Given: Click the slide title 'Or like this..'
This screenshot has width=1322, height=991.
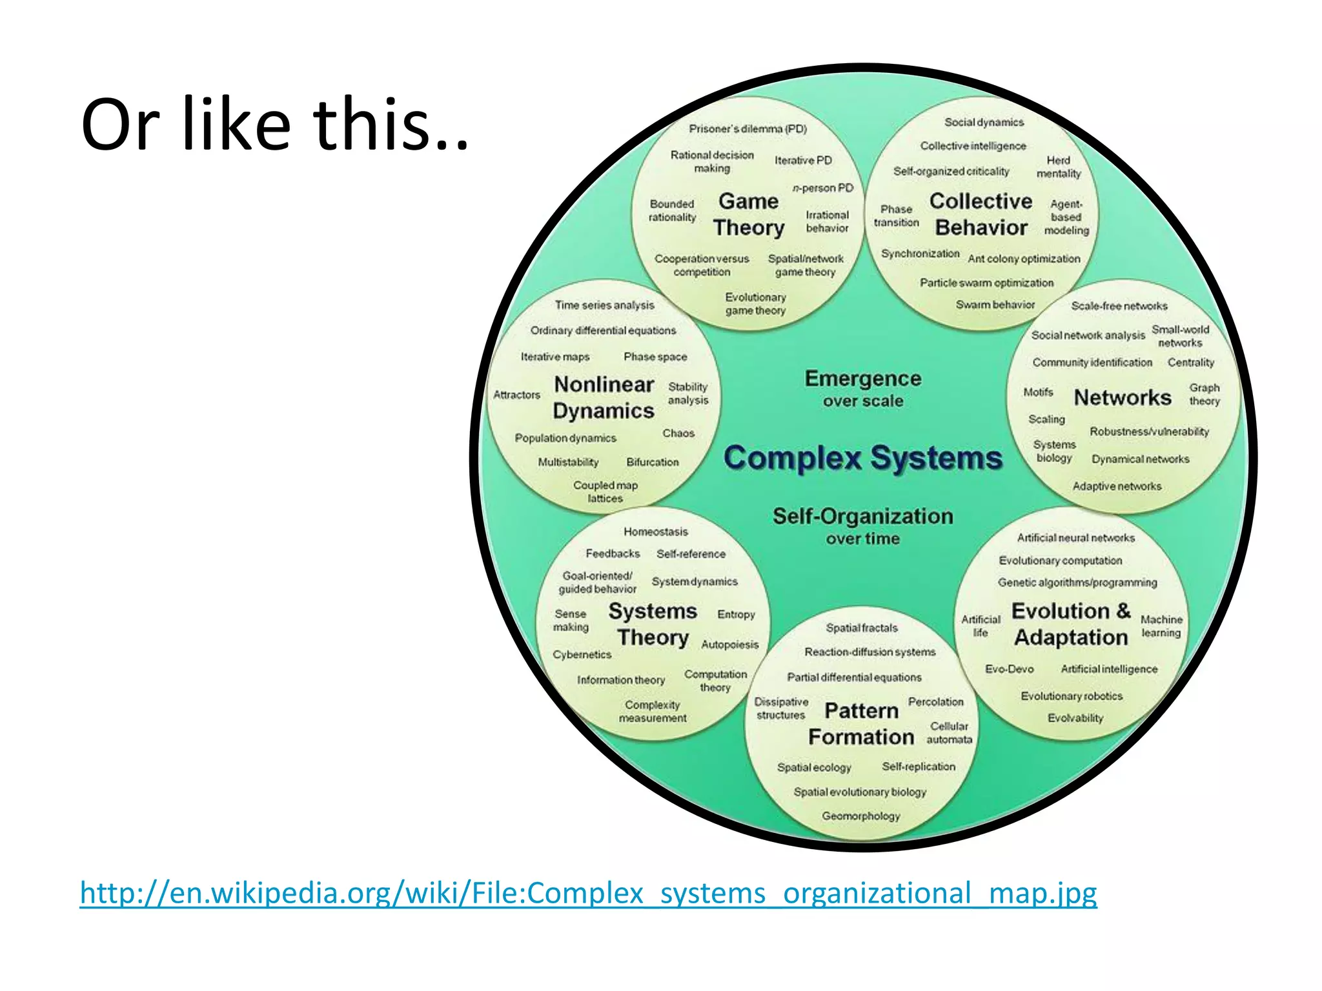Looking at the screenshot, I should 274,124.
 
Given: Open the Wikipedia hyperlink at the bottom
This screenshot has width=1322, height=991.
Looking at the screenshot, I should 587,893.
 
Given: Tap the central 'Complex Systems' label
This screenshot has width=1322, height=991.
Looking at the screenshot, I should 862,458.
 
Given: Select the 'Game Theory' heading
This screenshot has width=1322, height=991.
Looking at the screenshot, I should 748,214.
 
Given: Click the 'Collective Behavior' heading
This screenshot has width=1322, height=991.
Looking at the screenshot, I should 981,214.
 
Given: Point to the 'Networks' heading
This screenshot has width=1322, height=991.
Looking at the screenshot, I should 1122,397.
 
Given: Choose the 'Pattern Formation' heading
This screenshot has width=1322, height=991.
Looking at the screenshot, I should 861,724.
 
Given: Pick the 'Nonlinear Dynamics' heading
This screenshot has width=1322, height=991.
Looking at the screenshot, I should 604,397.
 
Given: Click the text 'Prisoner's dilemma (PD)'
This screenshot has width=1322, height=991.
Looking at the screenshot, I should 747,129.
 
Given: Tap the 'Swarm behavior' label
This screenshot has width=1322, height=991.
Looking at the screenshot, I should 995,305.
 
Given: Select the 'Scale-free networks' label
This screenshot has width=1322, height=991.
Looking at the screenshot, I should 1119,306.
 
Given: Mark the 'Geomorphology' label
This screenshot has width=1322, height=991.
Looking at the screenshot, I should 860,816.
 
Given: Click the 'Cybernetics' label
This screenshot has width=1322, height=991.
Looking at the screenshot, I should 582,654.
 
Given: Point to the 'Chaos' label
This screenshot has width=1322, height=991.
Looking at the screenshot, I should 678,434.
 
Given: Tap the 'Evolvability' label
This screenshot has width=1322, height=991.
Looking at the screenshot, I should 1075,718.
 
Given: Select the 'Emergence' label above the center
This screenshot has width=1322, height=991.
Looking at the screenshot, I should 862,379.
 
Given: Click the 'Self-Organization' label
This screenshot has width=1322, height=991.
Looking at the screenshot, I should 862,516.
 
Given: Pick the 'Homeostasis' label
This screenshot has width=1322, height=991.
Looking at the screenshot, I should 655,532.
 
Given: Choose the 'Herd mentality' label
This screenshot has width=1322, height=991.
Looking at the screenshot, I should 1058,166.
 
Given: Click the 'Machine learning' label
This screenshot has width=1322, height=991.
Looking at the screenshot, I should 1161,626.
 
